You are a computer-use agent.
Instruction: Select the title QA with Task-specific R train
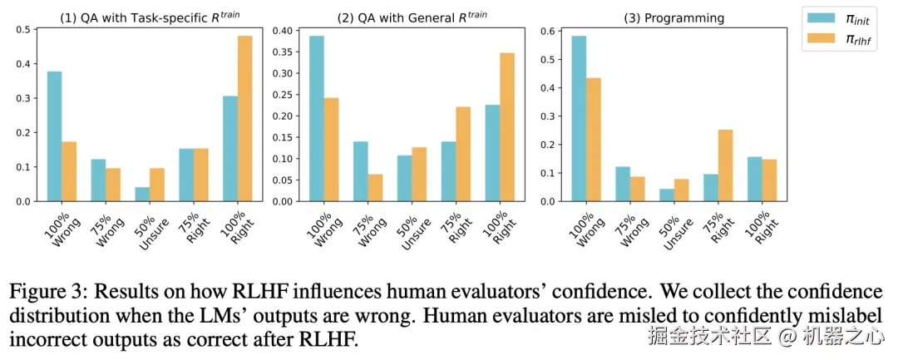tap(148, 17)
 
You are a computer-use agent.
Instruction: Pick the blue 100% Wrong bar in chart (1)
tap(54, 136)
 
